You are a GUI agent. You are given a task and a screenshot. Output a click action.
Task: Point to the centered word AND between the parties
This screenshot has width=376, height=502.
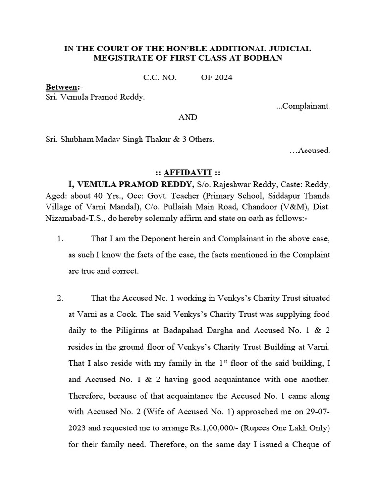(188, 117)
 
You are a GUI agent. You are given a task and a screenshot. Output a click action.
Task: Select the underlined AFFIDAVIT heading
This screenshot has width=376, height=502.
(188, 173)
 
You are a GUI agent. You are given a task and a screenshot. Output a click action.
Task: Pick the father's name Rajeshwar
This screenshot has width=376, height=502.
(235, 184)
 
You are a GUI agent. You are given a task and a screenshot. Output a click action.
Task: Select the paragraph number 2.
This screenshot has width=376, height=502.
(60, 298)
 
